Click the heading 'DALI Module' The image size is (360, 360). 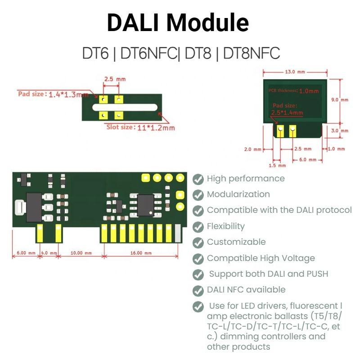point(178,22)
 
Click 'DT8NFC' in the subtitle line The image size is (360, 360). point(252,54)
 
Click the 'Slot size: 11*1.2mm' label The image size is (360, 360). point(140,127)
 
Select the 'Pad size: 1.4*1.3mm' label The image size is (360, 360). point(53,94)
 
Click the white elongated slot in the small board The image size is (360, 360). point(124,108)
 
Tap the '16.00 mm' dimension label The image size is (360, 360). point(141,253)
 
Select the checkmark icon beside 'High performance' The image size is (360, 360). point(198,179)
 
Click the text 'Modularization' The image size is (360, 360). point(238,194)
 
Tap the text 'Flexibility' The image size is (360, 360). point(225,226)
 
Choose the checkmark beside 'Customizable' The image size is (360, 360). point(198,243)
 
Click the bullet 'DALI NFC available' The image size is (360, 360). point(246,290)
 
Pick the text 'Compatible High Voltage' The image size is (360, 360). point(261,258)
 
